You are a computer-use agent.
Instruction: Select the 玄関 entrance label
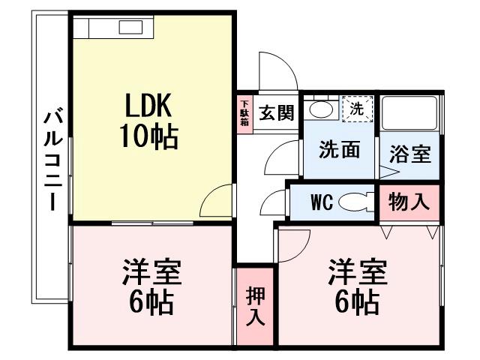click(275, 114)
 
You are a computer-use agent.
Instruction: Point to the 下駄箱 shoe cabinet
click(244, 115)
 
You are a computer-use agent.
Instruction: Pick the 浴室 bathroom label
click(409, 155)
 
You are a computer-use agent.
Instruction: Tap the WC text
click(321, 202)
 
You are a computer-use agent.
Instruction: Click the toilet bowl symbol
click(355, 202)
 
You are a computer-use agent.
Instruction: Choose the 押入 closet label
click(255, 306)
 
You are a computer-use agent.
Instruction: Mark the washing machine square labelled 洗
click(357, 109)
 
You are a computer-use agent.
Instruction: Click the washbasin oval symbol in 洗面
click(322, 109)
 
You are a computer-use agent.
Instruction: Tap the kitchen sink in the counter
click(131, 28)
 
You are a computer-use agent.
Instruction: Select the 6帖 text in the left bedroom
click(150, 302)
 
